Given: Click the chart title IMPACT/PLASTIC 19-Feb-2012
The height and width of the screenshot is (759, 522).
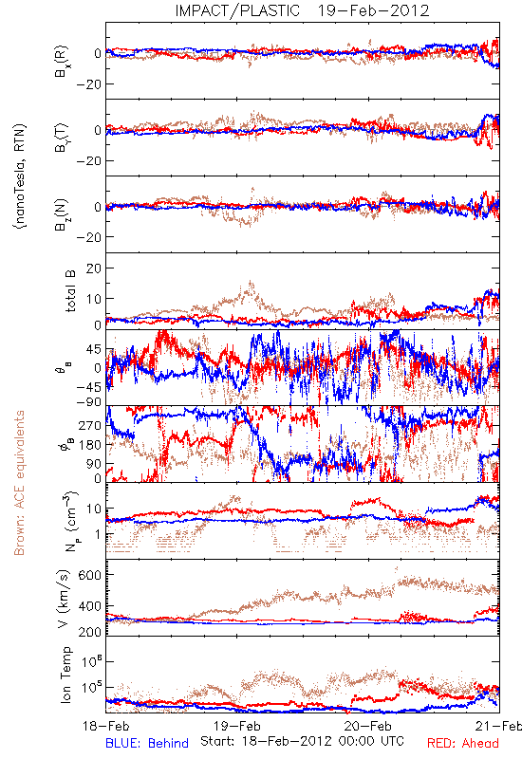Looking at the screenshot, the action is [x=302, y=10].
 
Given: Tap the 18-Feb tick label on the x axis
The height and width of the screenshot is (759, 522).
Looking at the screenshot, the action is [x=106, y=726].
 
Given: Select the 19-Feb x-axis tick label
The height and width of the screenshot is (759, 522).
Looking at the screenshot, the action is [x=237, y=726].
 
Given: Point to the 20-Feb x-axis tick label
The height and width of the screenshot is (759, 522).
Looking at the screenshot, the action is [x=368, y=726].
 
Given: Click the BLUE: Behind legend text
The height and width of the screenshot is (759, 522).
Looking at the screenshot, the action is [x=147, y=743].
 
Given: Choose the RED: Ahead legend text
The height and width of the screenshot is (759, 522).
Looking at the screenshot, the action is [x=463, y=743].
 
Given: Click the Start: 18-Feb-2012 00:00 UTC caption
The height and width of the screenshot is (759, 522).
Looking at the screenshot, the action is [x=302, y=741].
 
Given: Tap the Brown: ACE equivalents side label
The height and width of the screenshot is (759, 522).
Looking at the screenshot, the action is [x=19, y=483].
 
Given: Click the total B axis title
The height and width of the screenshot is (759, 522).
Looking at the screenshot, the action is [x=70, y=291].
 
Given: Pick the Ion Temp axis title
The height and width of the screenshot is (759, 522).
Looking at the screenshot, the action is [x=65, y=675].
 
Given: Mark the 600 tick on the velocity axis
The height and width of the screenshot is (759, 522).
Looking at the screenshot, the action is [x=90, y=575].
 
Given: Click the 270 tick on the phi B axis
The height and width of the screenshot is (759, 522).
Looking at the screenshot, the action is [x=90, y=425].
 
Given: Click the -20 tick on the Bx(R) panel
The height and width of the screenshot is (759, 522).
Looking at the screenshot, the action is [x=88, y=84].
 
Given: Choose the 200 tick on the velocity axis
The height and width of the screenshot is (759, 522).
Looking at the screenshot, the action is [x=90, y=632].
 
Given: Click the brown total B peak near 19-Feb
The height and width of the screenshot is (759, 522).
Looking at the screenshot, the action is [x=251, y=282].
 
